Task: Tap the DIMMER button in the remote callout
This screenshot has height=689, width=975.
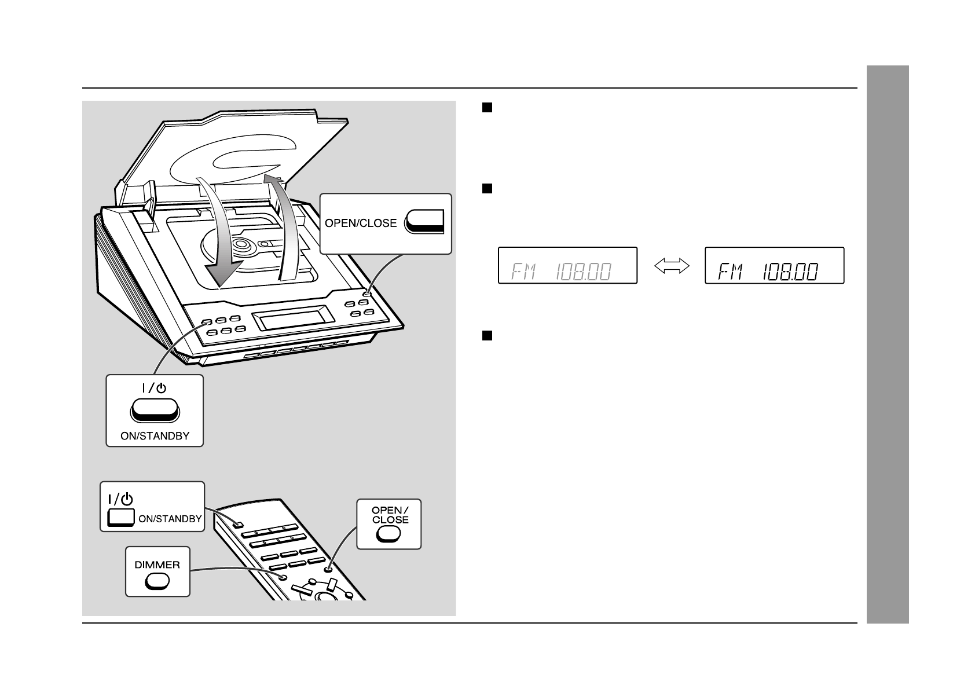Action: [x=157, y=581]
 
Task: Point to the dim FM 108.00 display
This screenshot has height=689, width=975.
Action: [x=567, y=266]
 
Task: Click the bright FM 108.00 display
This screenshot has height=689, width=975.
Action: [x=774, y=266]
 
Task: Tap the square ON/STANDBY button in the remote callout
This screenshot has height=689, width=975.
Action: [x=122, y=518]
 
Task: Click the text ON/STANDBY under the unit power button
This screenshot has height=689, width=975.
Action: [x=155, y=436]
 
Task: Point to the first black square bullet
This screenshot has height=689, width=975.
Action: [x=487, y=107]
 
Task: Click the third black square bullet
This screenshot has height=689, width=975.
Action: [x=487, y=336]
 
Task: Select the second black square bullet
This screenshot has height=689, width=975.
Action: [x=487, y=188]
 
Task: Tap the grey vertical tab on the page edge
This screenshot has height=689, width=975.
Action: [x=888, y=345]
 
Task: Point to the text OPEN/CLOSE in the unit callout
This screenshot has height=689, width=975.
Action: [x=361, y=223]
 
